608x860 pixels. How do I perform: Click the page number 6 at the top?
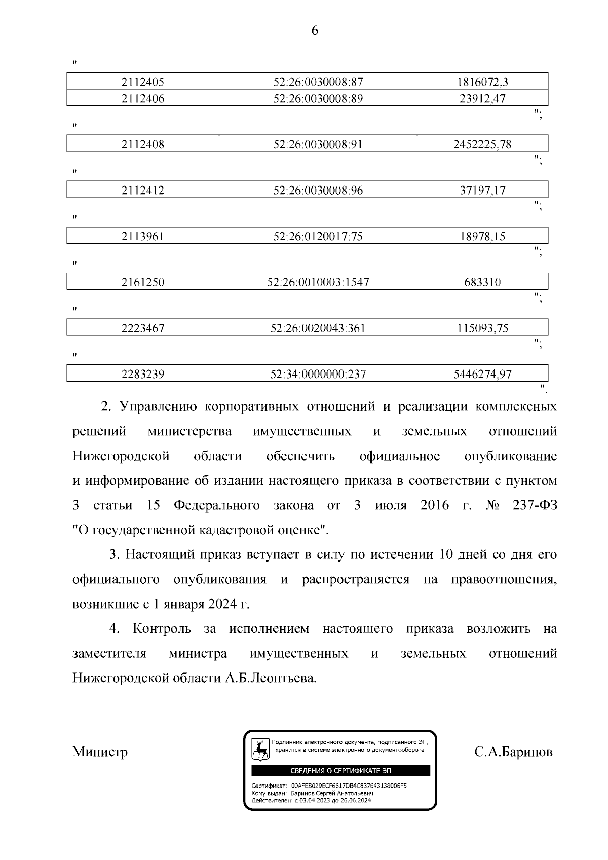point(314,31)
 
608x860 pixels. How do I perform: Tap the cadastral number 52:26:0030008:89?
point(318,98)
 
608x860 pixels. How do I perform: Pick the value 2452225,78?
point(482,144)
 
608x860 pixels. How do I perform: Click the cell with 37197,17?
point(482,191)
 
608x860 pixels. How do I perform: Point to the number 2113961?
point(142,236)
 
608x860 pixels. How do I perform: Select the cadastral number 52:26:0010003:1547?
point(318,282)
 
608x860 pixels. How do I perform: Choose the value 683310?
point(482,282)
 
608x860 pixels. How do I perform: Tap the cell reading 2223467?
point(142,328)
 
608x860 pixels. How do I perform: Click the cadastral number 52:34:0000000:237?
point(318,375)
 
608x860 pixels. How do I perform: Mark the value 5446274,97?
point(482,375)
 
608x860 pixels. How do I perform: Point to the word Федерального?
point(216,506)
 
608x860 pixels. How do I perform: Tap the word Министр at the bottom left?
point(100,752)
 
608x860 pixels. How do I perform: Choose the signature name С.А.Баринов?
point(513,752)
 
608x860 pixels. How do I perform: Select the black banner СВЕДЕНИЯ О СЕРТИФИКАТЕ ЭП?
point(340,771)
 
